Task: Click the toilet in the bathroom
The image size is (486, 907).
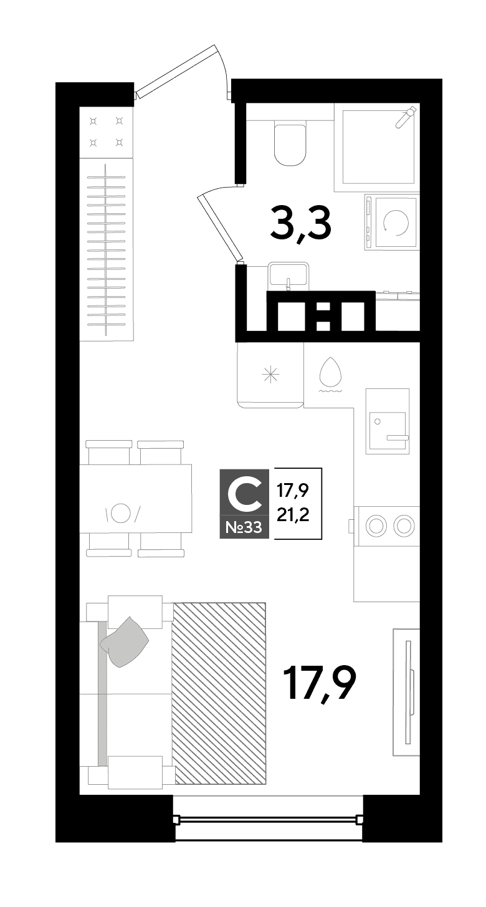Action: (x=289, y=144)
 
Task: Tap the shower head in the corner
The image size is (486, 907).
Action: (x=406, y=117)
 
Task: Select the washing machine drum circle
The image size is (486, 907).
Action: (x=397, y=223)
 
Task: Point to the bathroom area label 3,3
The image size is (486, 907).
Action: (x=301, y=223)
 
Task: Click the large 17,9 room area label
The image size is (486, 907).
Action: (x=320, y=683)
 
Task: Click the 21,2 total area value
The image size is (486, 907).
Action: (x=293, y=515)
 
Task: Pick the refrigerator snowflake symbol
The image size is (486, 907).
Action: (x=270, y=374)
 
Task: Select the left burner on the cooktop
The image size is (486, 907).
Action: (x=375, y=525)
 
